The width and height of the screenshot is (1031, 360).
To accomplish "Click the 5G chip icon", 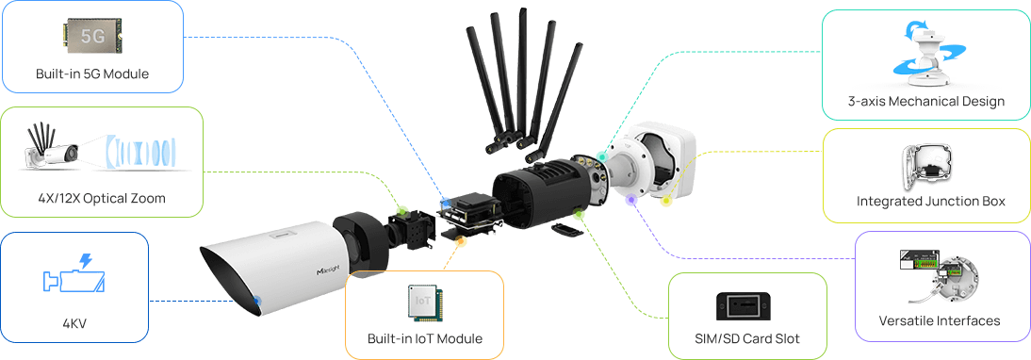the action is point(92,36).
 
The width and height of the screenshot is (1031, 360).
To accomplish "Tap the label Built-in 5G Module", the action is point(92,74).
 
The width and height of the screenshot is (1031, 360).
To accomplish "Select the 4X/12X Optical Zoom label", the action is point(101,198).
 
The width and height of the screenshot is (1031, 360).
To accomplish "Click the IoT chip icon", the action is point(425,303).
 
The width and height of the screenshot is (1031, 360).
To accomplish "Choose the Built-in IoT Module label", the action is point(425,339).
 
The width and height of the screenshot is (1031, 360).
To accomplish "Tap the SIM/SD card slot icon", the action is point(747,306).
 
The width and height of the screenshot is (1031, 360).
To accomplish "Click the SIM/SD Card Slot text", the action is point(747,339).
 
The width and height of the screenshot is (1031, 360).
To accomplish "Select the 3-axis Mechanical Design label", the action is point(925,101).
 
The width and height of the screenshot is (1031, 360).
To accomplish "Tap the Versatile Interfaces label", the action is point(940,320).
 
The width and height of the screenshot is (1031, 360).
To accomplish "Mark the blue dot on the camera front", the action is point(257,301).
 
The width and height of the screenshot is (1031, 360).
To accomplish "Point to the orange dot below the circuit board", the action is point(460,242).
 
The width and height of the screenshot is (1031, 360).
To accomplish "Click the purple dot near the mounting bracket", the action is point(631,199).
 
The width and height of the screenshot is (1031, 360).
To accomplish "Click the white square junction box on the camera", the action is point(659,159).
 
